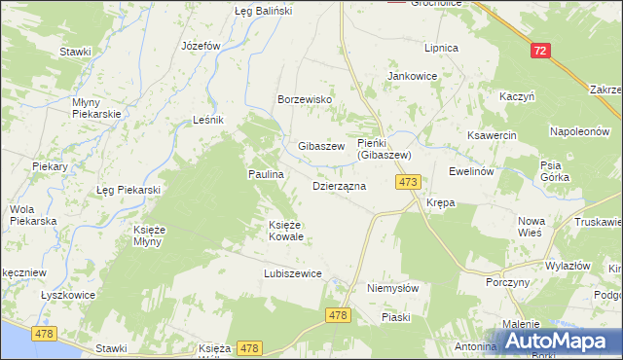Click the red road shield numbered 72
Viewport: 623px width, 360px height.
pos(540,51)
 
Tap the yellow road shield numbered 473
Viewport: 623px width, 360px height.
pos(408,182)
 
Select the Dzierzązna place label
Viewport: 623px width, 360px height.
pos(339,185)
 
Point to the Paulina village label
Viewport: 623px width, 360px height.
pos(264,174)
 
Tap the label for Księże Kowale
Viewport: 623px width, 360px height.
pos(286,231)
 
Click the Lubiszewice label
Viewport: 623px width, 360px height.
pos(292,274)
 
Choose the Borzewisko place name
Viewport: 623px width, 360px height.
pos(306,100)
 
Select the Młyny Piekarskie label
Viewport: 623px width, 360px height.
pos(95,108)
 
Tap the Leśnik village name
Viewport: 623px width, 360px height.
pos(208,120)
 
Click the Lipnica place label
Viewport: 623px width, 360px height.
pos(440,47)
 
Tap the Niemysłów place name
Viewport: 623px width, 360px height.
pos(392,289)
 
